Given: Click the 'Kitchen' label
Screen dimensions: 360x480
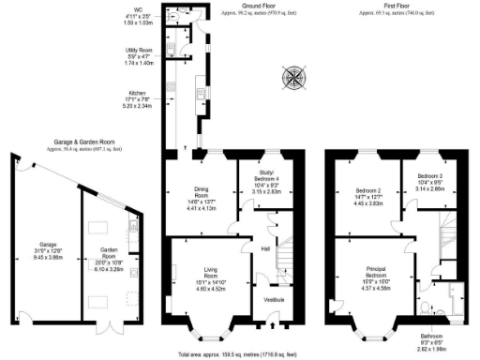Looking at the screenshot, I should tap(138, 94).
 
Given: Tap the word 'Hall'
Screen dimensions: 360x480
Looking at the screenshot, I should tap(265, 248).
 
